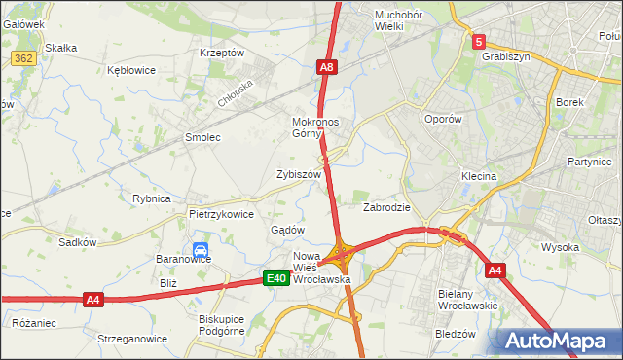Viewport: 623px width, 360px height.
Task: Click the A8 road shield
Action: (x=327, y=67)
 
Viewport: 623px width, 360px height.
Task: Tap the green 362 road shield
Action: (x=24, y=59)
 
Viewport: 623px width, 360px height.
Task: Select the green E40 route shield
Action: (x=276, y=279)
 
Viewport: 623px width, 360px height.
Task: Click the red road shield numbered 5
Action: (x=478, y=42)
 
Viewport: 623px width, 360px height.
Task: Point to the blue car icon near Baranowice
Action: (x=200, y=250)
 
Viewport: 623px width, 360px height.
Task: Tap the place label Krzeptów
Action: (x=221, y=53)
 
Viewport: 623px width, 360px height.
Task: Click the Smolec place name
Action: (x=202, y=137)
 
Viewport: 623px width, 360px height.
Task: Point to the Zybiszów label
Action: (x=299, y=173)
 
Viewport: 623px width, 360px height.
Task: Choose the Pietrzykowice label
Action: (x=221, y=213)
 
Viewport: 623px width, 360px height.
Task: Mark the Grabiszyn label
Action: (x=505, y=56)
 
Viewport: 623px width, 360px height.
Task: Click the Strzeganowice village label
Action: (x=131, y=339)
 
